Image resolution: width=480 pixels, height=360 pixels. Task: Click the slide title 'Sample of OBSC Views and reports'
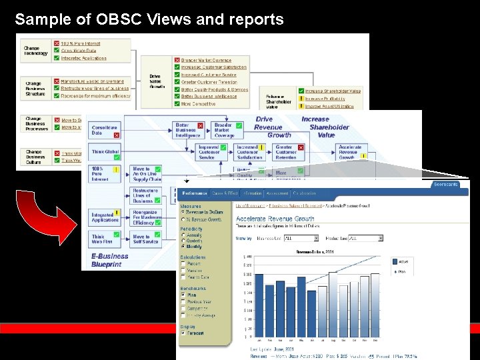[x=149, y=19]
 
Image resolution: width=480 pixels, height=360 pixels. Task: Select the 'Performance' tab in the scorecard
[x=194, y=193]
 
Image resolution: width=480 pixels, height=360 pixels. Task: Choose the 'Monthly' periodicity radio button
[x=183, y=246]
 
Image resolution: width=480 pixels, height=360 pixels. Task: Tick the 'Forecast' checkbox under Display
[x=183, y=333]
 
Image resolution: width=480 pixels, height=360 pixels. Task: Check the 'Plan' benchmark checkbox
[x=183, y=295]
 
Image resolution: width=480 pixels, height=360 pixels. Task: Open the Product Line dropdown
[x=366, y=238]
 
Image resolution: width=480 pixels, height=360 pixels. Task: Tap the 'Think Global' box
[x=105, y=152]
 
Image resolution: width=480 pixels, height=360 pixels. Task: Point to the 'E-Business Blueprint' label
[x=111, y=259]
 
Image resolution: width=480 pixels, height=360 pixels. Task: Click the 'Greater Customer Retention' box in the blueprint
[x=287, y=152]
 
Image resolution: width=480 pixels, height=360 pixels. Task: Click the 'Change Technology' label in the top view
[x=36, y=51]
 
